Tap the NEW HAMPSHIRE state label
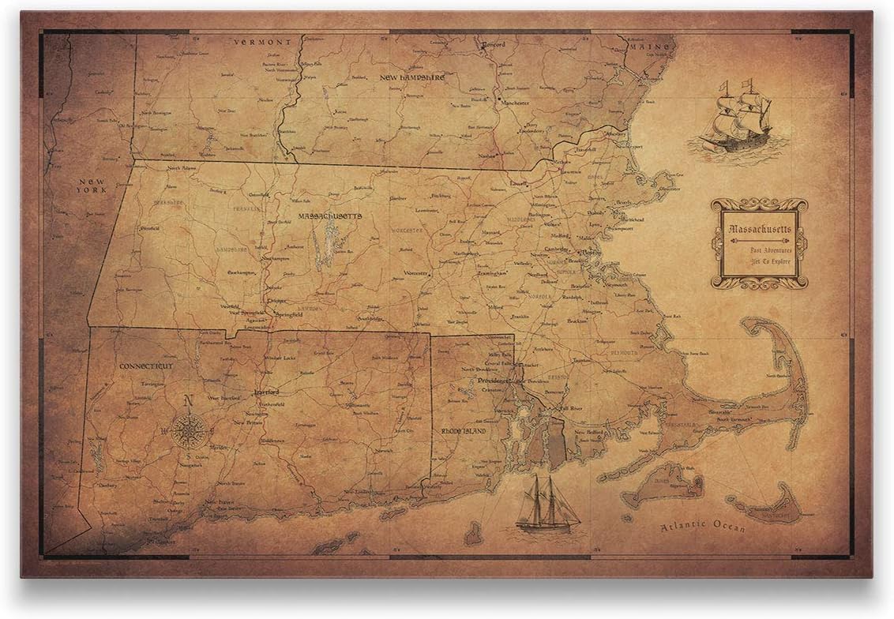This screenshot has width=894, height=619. pyautogui.click(x=412, y=77)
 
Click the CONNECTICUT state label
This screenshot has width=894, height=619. pyautogui.click(x=146, y=366)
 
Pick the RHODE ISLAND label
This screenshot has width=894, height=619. pyautogui.click(x=460, y=431)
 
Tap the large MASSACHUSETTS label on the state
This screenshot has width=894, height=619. pyautogui.click(x=330, y=215)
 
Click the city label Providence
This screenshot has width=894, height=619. pyautogui.click(x=494, y=381)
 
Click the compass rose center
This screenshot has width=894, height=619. pyautogui.click(x=189, y=431)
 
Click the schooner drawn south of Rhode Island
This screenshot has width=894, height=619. pyautogui.click(x=547, y=505)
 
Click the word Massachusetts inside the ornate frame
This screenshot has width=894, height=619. pyautogui.click(x=758, y=230)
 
